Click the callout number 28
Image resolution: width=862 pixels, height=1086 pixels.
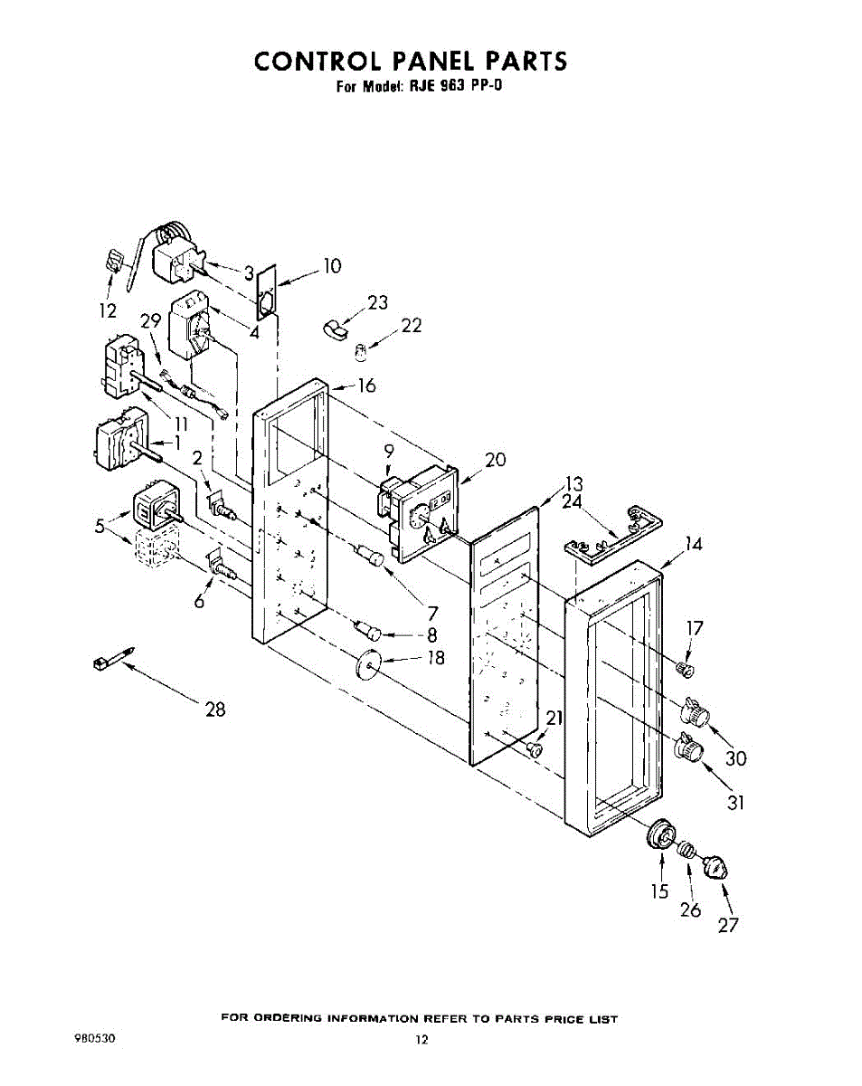click(x=215, y=710)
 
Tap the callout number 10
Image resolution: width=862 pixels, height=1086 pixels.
click(x=332, y=266)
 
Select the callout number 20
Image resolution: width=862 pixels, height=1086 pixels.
click(x=495, y=460)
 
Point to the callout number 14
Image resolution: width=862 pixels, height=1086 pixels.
click(x=693, y=544)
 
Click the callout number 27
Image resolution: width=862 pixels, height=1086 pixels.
click(x=729, y=925)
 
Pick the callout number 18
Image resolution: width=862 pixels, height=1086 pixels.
click(x=436, y=658)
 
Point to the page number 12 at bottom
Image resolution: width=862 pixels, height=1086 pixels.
click(x=421, y=1041)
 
